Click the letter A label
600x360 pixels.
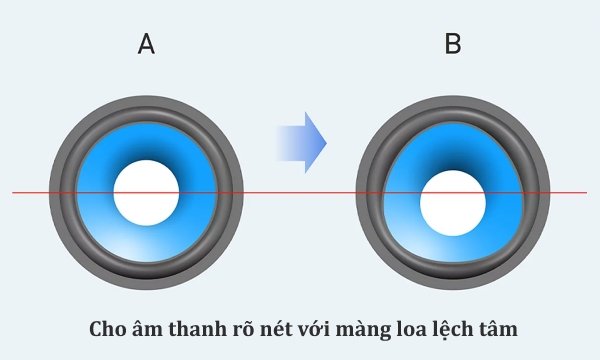[x=146, y=45]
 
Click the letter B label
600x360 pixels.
[x=453, y=45]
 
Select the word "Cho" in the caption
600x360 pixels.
[x=108, y=328]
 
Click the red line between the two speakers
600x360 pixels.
[x=300, y=192]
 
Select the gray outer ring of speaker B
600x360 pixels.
[x=453, y=105]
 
